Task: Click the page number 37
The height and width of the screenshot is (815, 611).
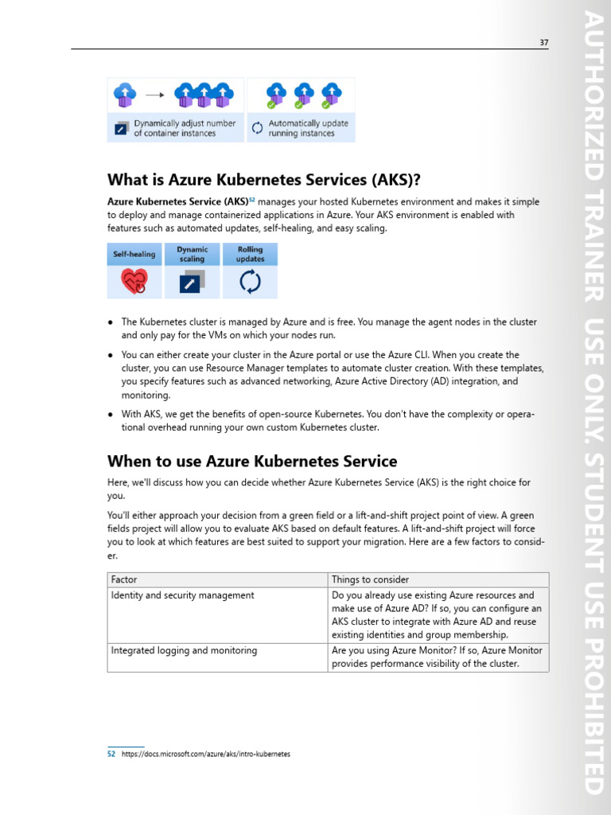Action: [x=543, y=42]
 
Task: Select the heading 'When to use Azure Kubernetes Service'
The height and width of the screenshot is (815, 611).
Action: [x=252, y=462]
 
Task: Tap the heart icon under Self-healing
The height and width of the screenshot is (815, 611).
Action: [x=134, y=282]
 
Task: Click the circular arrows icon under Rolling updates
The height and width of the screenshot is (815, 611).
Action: [x=250, y=282]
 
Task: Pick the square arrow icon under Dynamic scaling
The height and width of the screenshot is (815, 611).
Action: [x=192, y=282]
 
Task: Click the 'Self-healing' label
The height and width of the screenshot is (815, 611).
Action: [x=134, y=255]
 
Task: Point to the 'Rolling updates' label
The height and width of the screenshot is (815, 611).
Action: [x=250, y=254]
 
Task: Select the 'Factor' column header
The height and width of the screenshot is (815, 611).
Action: [x=124, y=579]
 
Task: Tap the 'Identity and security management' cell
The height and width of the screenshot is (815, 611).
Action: [x=183, y=595]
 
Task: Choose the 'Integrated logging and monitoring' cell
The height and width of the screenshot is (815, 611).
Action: [x=184, y=650]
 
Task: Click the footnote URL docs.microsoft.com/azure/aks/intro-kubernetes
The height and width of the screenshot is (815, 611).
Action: [x=206, y=754]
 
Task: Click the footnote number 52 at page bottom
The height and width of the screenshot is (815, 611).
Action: [x=111, y=754]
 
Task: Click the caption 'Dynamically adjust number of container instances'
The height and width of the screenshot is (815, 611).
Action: [x=185, y=128]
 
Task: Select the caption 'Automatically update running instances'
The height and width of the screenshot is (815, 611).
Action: [x=308, y=128]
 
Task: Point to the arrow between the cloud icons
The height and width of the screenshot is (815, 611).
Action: [x=155, y=95]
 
